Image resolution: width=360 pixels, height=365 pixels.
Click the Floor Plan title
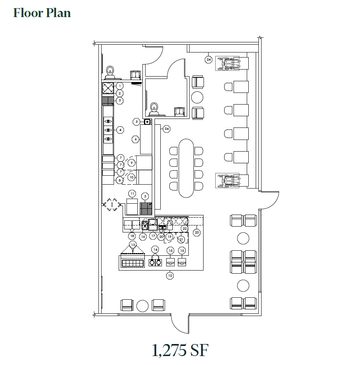tap(42, 13)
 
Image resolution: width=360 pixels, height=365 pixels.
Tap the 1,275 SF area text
tap(180, 351)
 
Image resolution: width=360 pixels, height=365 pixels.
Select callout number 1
tap(119, 86)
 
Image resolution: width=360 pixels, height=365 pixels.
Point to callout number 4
tap(120, 130)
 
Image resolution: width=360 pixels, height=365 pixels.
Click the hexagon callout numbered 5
tap(136, 122)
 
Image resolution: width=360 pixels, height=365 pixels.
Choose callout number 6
tap(135, 139)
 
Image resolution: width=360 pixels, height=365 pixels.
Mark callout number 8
tap(120, 180)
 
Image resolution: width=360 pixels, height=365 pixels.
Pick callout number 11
tap(132, 193)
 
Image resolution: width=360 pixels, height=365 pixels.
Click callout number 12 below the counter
tap(170, 276)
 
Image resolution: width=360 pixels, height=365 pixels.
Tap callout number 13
tap(133, 245)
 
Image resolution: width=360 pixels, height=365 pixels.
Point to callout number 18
tap(132, 236)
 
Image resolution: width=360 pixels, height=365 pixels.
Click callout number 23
tap(197, 232)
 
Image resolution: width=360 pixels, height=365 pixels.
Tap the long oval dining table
tap(186, 168)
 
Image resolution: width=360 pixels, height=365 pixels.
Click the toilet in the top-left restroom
tap(110, 72)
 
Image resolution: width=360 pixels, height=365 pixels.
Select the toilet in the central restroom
tap(154, 107)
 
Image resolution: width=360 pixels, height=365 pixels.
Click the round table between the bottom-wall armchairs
tap(142, 305)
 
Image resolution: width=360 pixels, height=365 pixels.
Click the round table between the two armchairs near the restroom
tap(198, 97)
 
